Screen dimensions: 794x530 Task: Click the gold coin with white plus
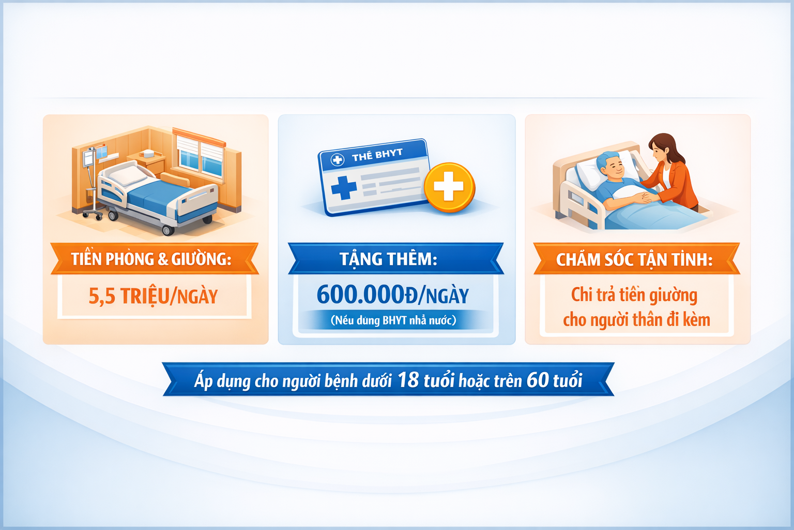(449, 187)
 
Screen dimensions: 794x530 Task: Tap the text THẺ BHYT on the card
(377, 155)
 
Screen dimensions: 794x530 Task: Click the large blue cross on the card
(343, 188)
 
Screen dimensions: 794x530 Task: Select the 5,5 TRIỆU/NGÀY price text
(153, 296)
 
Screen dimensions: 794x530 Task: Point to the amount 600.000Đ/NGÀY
(393, 295)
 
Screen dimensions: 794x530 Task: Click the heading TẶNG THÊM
(389, 259)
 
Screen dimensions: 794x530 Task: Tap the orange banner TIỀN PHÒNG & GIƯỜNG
(155, 258)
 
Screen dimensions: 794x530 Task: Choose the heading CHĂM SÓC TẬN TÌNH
(634, 259)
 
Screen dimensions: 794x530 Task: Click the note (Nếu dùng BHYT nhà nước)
(393, 320)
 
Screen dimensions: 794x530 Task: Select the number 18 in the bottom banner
(408, 379)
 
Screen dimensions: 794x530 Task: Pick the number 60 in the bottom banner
(538, 379)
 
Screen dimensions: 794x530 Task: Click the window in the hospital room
(200, 154)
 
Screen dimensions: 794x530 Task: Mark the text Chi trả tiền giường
(634, 295)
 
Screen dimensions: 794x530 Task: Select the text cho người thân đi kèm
(637, 319)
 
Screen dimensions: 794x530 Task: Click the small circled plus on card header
(337, 160)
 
